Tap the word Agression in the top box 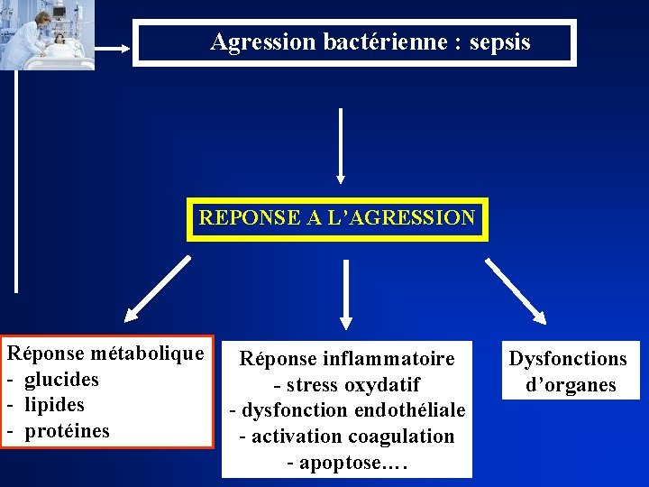[263, 41]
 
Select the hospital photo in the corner [47, 34]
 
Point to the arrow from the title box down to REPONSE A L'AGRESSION [341, 144]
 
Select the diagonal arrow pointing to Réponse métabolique [158, 289]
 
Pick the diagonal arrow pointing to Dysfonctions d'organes [516, 289]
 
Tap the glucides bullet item [61, 379]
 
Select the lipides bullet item [54, 405]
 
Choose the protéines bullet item [67, 431]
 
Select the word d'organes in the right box [571, 385]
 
